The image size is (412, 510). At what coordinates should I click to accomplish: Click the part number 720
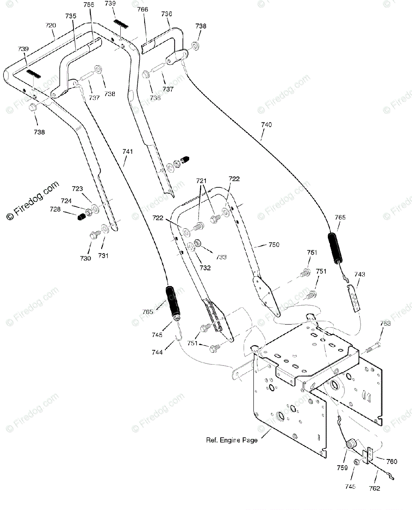pyautogui.click(x=51, y=25)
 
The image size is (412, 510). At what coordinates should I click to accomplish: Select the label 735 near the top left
pyautogui.click(x=71, y=16)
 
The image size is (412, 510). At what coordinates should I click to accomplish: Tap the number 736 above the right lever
pyautogui.click(x=167, y=14)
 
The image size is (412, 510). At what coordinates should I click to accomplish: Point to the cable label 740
pyautogui.click(x=266, y=125)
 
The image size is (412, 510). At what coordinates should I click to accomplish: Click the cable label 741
pyautogui.click(x=128, y=151)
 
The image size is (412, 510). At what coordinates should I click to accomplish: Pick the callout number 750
pyautogui.click(x=274, y=245)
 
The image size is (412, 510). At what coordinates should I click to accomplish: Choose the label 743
pyautogui.click(x=360, y=275)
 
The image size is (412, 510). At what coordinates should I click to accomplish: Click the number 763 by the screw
pyautogui.click(x=385, y=323)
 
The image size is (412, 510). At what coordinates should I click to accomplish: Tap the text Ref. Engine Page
pyautogui.click(x=232, y=440)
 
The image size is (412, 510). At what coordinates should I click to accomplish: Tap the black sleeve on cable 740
pyautogui.click(x=335, y=247)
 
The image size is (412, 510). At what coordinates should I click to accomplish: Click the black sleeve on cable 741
pyautogui.click(x=173, y=302)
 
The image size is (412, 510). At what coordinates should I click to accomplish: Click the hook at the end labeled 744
pyautogui.click(x=180, y=336)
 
